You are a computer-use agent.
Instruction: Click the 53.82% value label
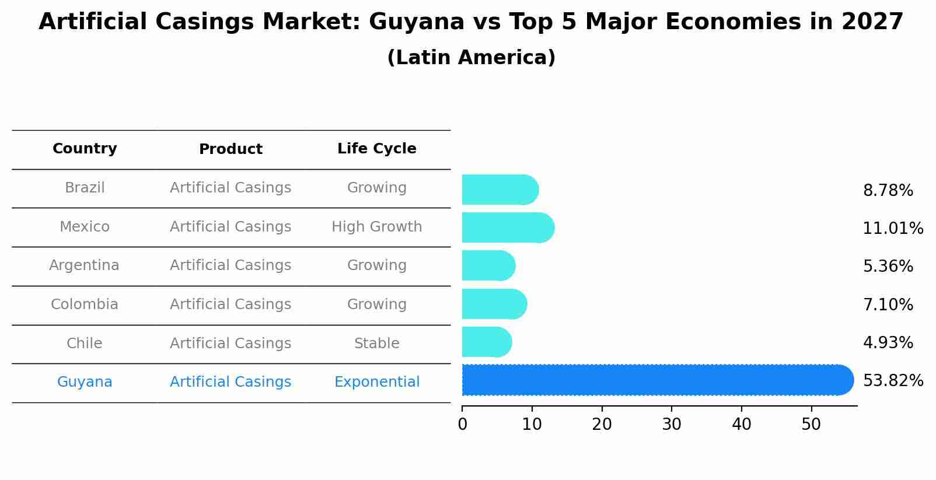click(x=892, y=381)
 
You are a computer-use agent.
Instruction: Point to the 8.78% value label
click(x=888, y=191)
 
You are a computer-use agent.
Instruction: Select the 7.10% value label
click(x=888, y=304)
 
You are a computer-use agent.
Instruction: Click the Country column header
click(x=85, y=149)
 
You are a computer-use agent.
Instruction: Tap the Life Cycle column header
click(x=376, y=149)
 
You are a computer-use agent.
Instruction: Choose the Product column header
click(x=230, y=149)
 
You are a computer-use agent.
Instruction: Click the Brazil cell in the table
click(x=85, y=188)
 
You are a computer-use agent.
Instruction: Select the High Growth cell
click(x=376, y=227)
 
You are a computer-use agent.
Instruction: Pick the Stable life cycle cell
click(x=376, y=344)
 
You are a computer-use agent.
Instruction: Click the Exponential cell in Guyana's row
click(x=376, y=382)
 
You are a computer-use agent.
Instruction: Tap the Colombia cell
click(x=85, y=304)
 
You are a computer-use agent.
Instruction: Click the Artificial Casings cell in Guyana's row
click(x=230, y=382)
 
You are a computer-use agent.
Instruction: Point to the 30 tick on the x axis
click(x=672, y=425)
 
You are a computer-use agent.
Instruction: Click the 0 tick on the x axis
click(x=462, y=425)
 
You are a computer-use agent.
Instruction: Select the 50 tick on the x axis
click(x=811, y=425)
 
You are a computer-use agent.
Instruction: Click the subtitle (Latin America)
click(x=471, y=58)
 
